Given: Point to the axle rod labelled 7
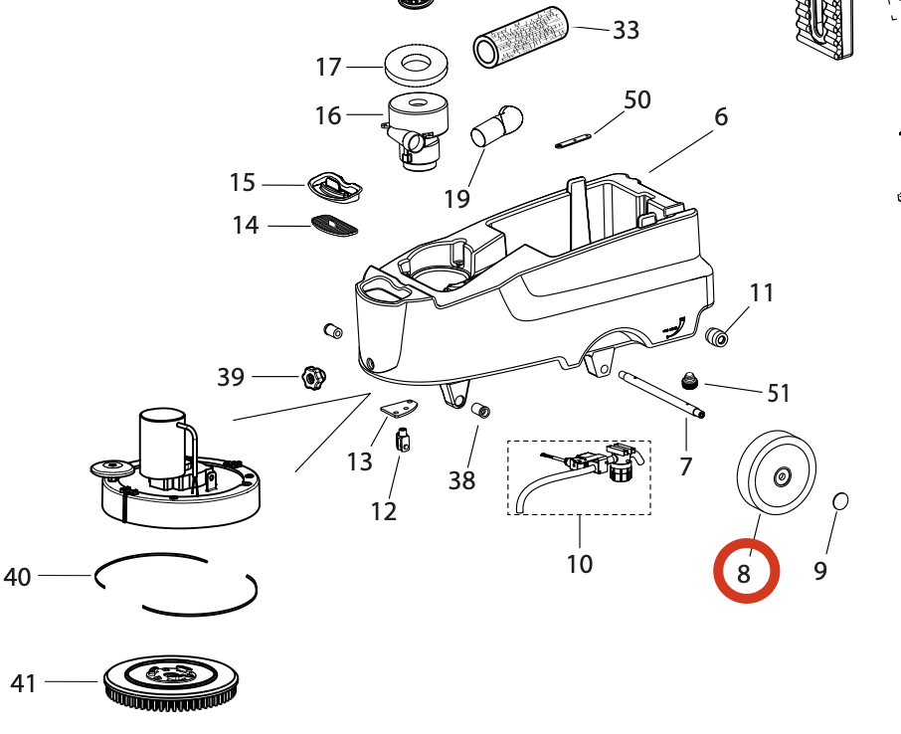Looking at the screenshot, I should tap(661, 394).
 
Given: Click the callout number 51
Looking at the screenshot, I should tap(779, 393).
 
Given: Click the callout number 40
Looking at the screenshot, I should tap(18, 576).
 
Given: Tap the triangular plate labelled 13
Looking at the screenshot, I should tap(401, 408).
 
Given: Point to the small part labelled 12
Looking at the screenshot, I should tap(404, 439).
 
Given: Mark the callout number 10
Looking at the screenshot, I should tap(579, 564).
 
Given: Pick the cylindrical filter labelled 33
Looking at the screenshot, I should tap(519, 37).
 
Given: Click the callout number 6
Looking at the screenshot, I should tap(721, 116).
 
